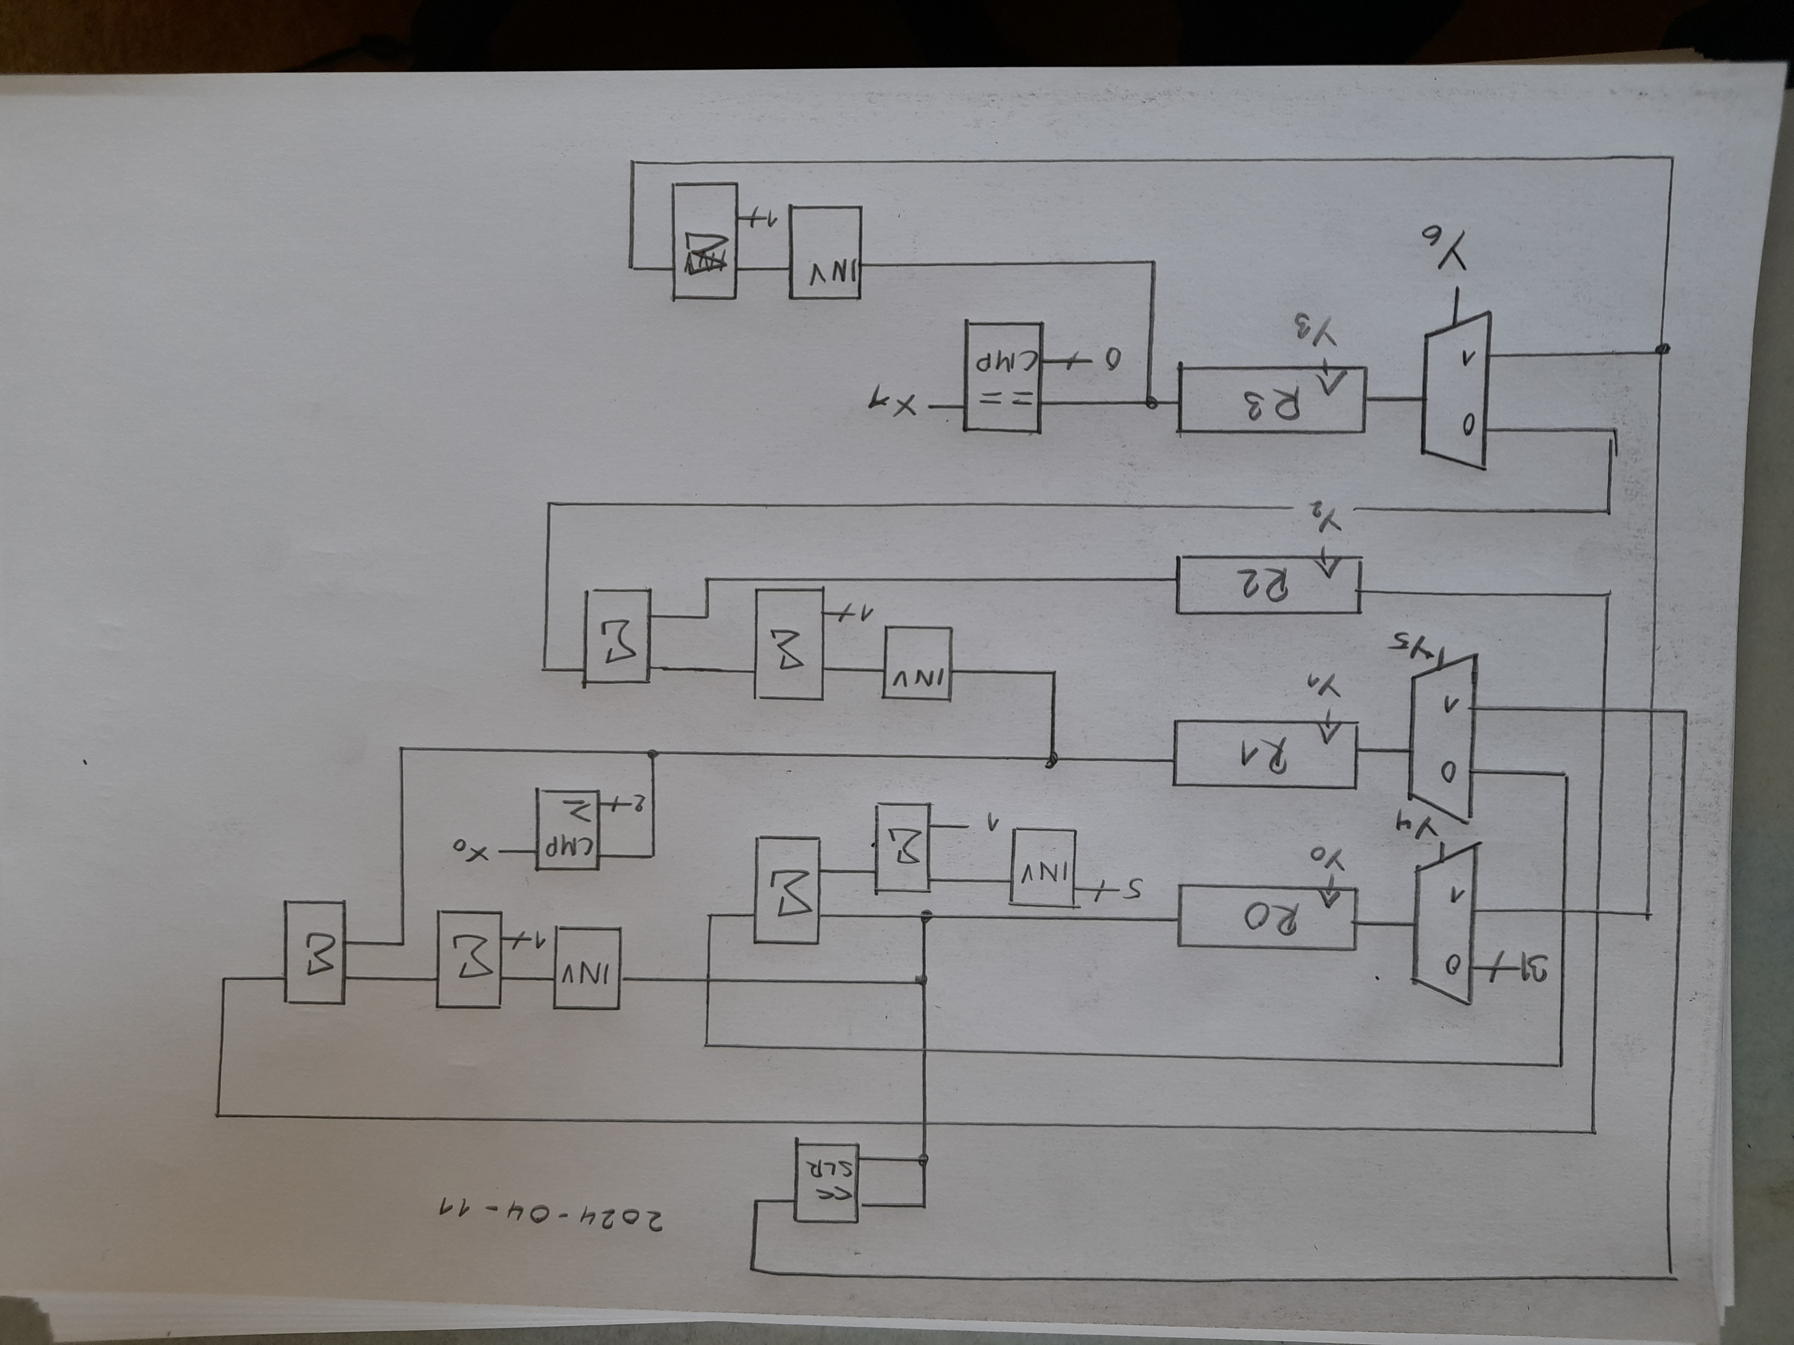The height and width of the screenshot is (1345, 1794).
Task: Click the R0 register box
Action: pos(1266,916)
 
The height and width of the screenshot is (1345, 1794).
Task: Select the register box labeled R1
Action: pos(1264,753)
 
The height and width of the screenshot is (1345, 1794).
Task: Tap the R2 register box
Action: pos(1267,585)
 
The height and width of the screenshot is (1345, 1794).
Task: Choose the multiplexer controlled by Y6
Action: pos(1456,391)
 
